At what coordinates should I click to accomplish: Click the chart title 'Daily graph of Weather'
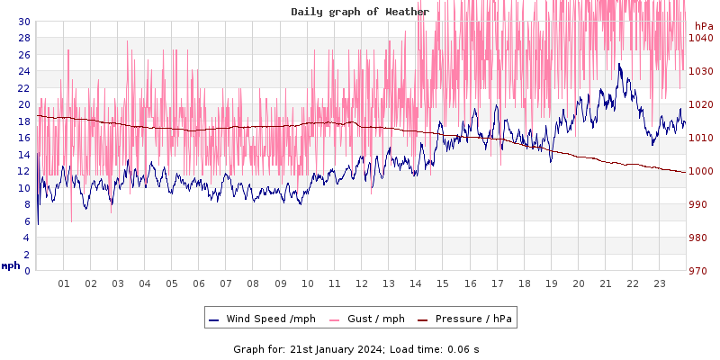pyautogui.click(x=360, y=12)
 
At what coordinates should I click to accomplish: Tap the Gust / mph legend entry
pyautogui.click(x=367, y=319)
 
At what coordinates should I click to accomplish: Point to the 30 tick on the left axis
pyautogui.click(x=23, y=22)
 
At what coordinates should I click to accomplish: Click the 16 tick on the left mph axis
pyautogui.click(x=23, y=138)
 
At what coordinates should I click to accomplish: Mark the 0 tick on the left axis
pyautogui.click(x=26, y=271)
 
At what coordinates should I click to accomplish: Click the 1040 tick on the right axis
pyautogui.click(x=700, y=38)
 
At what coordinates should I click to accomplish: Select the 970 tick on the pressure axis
pyautogui.click(x=697, y=271)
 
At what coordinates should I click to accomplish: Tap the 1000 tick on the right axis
pyautogui.click(x=700, y=171)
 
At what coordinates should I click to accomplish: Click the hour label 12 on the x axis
pyautogui.click(x=362, y=283)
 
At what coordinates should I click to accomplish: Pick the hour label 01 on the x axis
pyautogui.click(x=64, y=283)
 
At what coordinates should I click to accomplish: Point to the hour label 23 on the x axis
pyautogui.click(x=660, y=283)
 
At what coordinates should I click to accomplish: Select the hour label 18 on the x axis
pyautogui.click(x=525, y=283)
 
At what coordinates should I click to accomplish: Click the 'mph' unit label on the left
pyautogui.click(x=11, y=265)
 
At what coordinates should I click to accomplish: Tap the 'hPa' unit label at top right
pyautogui.click(x=703, y=26)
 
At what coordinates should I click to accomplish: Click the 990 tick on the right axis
pyautogui.click(x=697, y=204)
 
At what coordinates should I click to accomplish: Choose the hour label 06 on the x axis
pyautogui.click(x=199, y=283)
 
